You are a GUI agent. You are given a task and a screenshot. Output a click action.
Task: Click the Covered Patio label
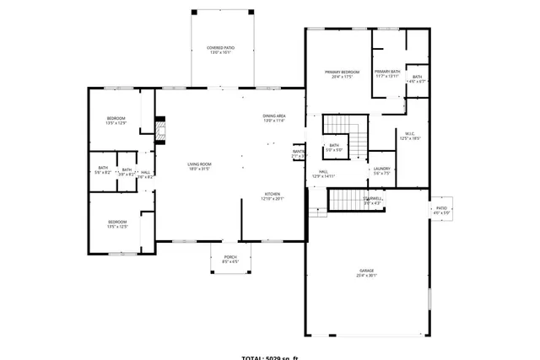click(220, 50)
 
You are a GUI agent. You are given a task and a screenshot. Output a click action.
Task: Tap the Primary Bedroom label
click(343, 74)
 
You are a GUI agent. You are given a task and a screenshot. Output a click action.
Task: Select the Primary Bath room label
click(387, 73)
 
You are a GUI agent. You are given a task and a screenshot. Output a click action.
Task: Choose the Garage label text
click(366, 273)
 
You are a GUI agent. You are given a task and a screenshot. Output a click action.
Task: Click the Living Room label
click(199, 166)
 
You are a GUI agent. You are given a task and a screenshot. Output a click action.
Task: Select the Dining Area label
click(274, 118)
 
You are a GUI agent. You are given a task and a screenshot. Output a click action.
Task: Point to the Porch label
click(230, 259)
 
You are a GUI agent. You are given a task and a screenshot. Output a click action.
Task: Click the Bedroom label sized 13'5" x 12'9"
click(116, 120)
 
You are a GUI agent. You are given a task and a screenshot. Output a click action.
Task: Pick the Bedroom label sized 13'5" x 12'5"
click(116, 224)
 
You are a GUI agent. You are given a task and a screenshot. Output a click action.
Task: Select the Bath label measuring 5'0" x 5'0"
click(334, 148)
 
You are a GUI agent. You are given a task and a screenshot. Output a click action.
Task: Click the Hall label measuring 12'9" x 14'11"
click(323, 174)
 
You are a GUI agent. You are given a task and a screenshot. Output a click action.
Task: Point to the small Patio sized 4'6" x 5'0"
click(441, 210)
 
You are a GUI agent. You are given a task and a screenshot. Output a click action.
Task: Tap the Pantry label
click(299, 153)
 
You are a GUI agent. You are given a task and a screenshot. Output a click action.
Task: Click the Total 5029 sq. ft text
click(270, 357)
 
